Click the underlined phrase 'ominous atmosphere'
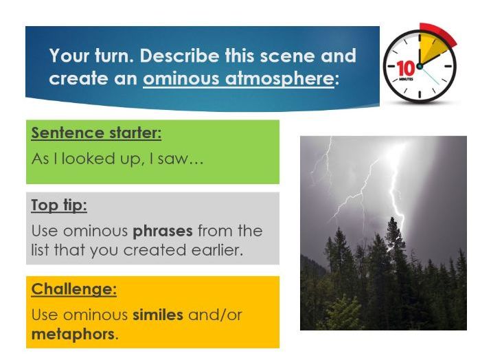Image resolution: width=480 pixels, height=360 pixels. click(x=238, y=78)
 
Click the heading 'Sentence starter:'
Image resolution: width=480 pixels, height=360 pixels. click(x=96, y=133)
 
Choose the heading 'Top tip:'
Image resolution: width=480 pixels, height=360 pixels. click(x=59, y=205)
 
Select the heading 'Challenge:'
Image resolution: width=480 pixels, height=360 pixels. click(x=73, y=289)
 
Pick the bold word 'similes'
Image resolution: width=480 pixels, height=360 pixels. click(x=160, y=315)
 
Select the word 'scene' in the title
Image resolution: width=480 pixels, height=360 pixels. click(x=329, y=56)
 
